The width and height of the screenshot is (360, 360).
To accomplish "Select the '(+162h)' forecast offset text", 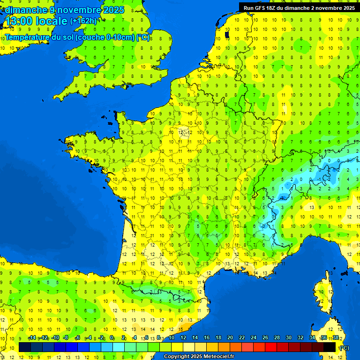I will (83, 21).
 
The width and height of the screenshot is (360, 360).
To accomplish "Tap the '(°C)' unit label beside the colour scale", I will (344, 347).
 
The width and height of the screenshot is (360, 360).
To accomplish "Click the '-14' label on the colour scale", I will (32, 338).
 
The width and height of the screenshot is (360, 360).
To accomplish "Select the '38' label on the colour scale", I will (336, 338).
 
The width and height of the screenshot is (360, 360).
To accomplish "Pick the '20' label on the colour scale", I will (230, 338).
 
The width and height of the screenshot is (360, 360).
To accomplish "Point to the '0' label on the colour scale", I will (112, 338).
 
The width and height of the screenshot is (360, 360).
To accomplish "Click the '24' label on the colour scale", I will (254, 338).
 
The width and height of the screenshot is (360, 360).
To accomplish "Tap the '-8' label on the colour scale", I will (66, 338).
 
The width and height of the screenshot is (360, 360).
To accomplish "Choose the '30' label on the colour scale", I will (289, 338).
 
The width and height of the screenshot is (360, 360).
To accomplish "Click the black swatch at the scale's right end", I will (330, 347).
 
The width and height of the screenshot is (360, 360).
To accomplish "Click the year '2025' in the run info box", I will (347, 8).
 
